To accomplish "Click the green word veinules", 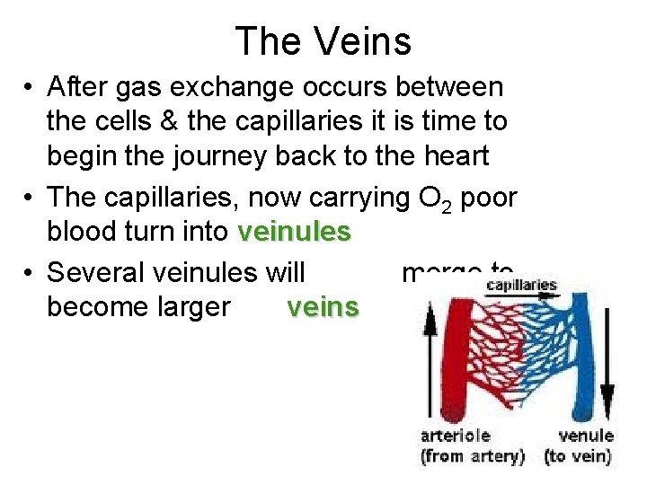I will pyautogui.click(x=294, y=232).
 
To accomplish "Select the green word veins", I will pyautogui.click(x=323, y=307).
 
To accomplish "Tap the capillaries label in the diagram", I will pyautogui.click(x=521, y=286).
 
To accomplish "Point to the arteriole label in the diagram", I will pyautogui.click(x=456, y=436).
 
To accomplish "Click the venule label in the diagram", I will pyautogui.click(x=586, y=436).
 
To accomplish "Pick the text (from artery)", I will pyautogui.click(x=473, y=456).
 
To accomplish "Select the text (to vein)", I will pyautogui.click(x=578, y=456).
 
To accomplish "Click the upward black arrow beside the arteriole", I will pyautogui.click(x=429, y=359).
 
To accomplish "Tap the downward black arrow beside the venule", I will pyautogui.click(x=607, y=359).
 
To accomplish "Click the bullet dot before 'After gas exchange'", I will pyautogui.click(x=30, y=87).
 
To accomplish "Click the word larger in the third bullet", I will pyautogui.click(x=191, y=307).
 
